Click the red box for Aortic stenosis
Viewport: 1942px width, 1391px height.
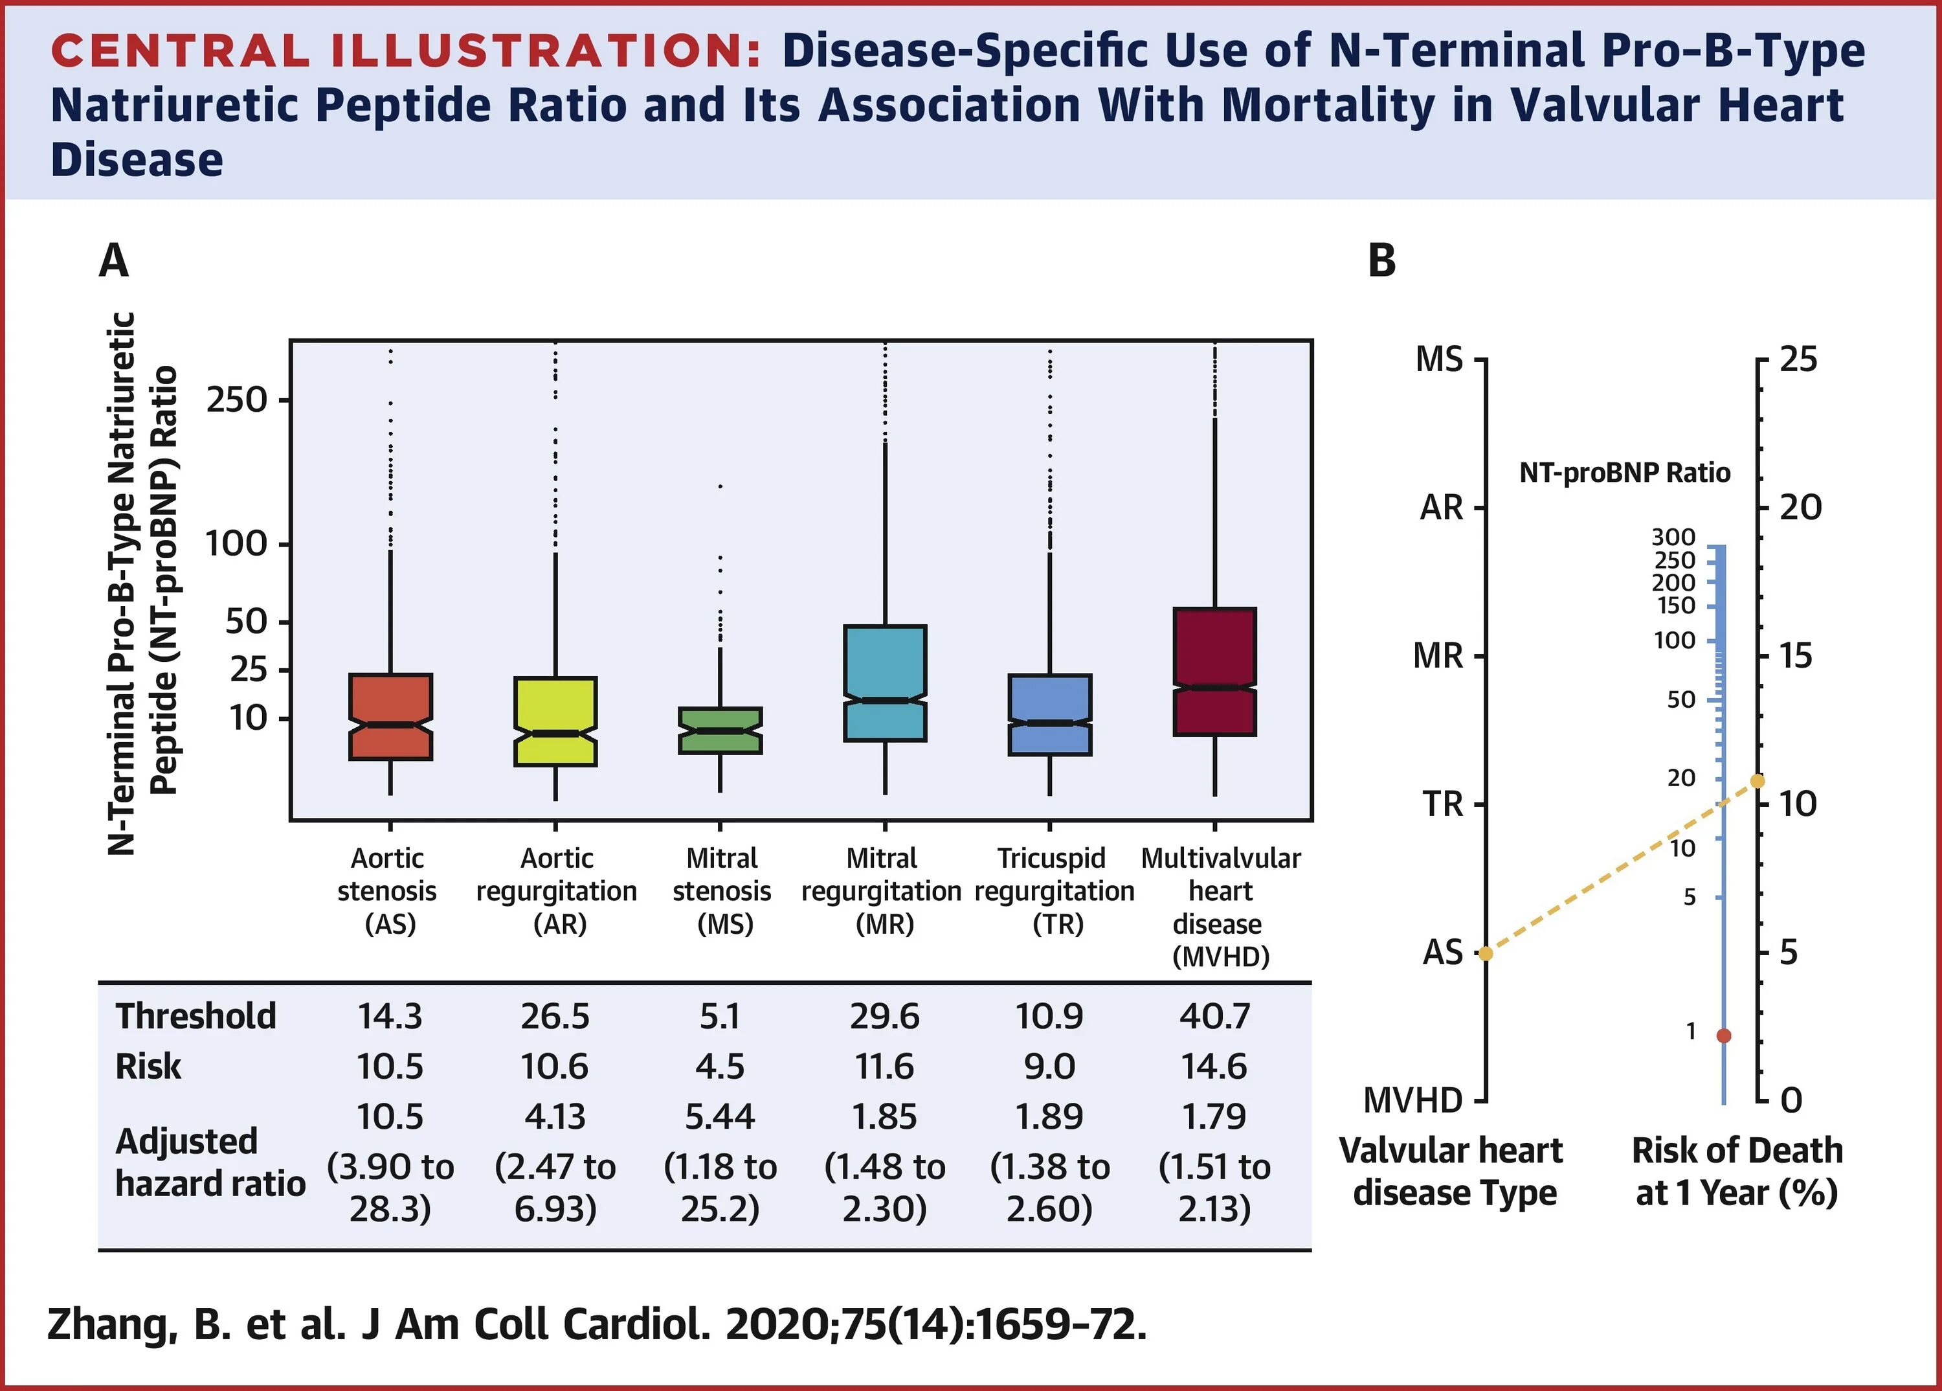(390, 716)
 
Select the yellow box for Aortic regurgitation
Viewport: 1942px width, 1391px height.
(555, 721)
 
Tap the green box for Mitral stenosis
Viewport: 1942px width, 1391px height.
(720, 730)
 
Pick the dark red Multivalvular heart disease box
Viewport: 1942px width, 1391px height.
(1214, 672)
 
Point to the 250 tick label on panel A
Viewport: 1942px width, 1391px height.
(236, 400)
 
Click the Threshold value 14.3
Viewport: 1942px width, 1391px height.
(390, 1017)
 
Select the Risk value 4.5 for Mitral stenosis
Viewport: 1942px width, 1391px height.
(720, 1067)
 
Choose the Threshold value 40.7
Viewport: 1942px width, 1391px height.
(1214, 1017)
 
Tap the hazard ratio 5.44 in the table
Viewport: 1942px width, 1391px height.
(720, 1117)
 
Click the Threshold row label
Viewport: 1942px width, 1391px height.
(196, 1017)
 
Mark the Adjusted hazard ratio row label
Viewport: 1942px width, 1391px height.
(210, 1162)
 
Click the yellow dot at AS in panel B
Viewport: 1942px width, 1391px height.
(1486, 953)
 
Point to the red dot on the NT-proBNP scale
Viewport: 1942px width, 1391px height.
(1724, 1035)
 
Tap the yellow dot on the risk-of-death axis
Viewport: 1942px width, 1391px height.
(1757, 781)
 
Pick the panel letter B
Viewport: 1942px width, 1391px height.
(1382, 260)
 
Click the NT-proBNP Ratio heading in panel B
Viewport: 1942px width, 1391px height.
(1624, 473)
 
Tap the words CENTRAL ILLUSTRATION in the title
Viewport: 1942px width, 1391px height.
(405, 51)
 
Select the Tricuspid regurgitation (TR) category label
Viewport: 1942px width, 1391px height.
(1053, 891)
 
